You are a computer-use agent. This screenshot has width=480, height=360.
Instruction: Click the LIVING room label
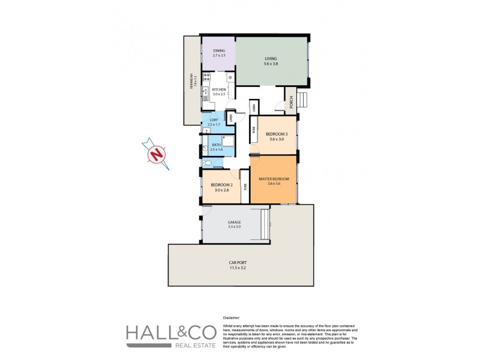271,59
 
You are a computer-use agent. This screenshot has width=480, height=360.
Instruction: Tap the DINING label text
218,52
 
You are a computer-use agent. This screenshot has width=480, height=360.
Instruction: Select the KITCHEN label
218,90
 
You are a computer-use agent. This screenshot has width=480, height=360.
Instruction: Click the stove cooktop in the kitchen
206,77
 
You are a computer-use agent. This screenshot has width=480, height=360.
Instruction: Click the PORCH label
290,103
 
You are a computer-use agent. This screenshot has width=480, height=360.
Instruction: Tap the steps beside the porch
302,99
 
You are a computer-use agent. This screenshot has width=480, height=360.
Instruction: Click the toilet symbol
207,163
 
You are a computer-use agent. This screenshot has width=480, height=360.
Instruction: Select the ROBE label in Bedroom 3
254,129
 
